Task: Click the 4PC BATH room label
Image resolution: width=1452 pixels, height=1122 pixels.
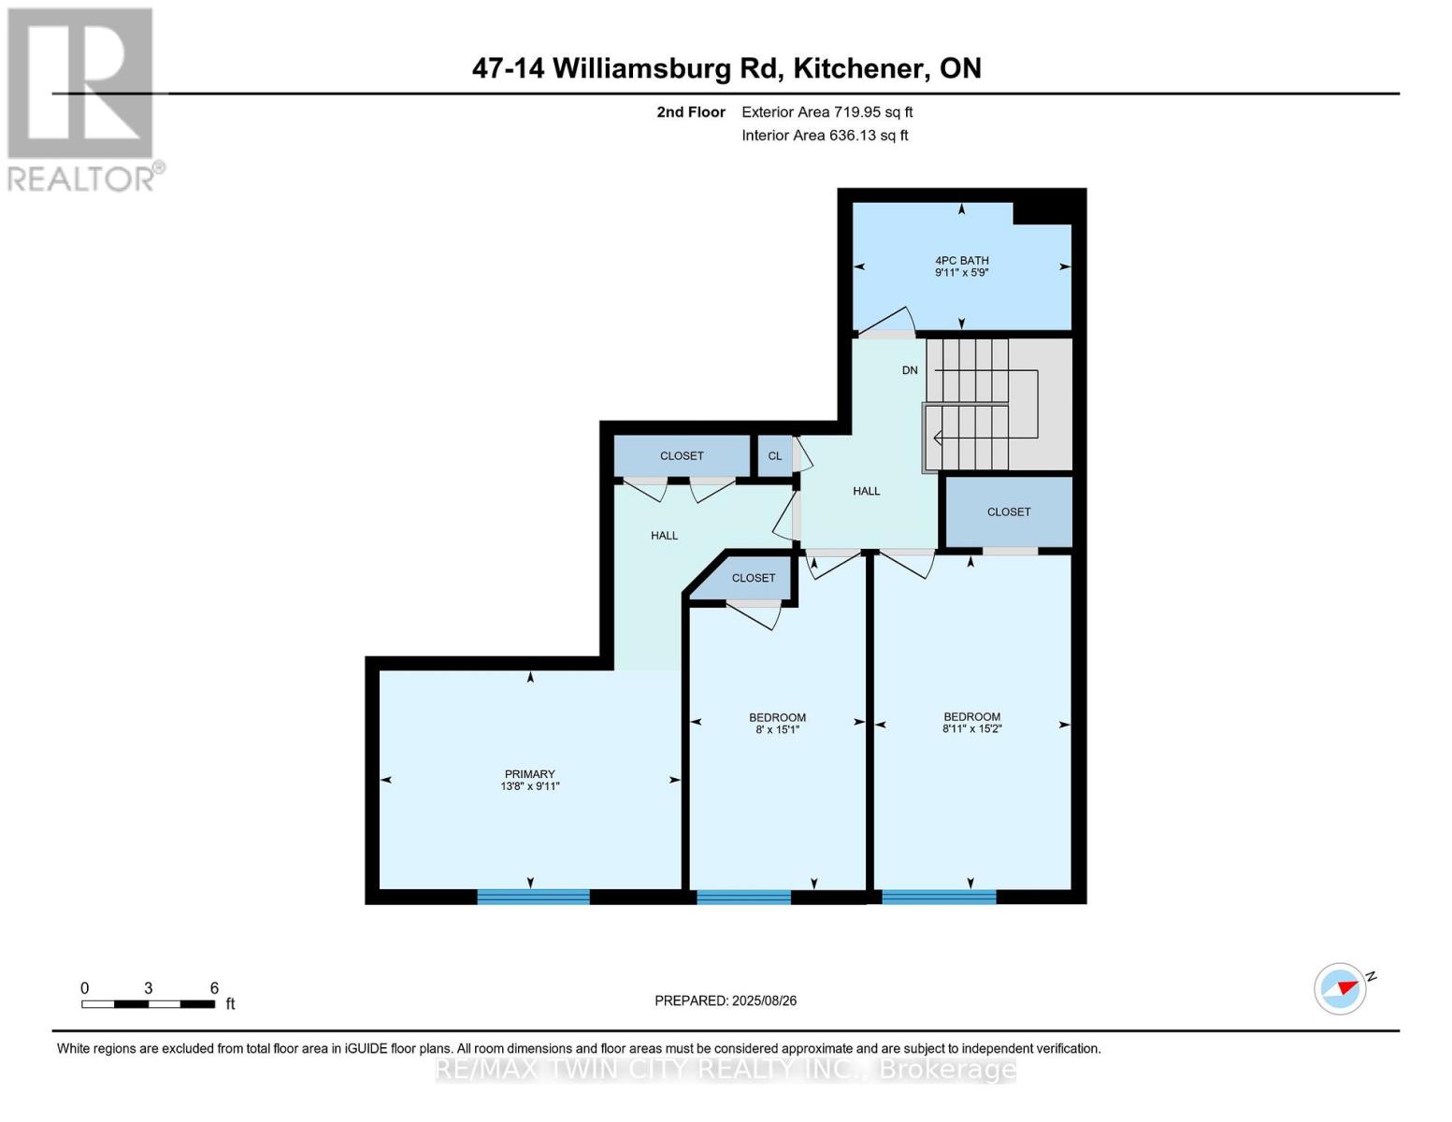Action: point(961,261)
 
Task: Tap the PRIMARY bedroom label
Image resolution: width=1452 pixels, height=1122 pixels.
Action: point(530,774)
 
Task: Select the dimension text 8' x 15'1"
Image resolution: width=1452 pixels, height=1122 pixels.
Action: point(777,730)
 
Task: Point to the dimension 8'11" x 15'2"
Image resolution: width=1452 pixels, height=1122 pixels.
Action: point(971,729)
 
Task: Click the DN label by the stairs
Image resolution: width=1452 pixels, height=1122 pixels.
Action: point(910,370)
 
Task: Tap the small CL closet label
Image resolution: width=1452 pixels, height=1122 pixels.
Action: point(774,456)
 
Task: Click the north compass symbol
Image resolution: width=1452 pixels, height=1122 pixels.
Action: point(1341,988)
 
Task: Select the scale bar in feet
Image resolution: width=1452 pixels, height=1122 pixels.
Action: point(148,1004)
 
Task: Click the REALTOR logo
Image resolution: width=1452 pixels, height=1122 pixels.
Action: point(81,98)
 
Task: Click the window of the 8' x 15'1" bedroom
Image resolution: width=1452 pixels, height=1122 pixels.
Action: point(743,898)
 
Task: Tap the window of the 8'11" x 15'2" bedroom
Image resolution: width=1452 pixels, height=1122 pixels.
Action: point(939,898)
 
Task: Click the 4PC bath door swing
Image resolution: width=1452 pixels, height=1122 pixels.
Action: point(888,323)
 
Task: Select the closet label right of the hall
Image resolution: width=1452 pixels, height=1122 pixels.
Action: point(1009,512)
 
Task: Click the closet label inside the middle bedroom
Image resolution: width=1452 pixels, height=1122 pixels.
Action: point(753,578)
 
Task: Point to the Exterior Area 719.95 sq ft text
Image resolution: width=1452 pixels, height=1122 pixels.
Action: point(827,112)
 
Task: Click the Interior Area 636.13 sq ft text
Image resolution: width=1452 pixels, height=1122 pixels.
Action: point(825,136)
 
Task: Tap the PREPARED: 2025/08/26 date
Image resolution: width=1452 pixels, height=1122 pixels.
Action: point(726,1000)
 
